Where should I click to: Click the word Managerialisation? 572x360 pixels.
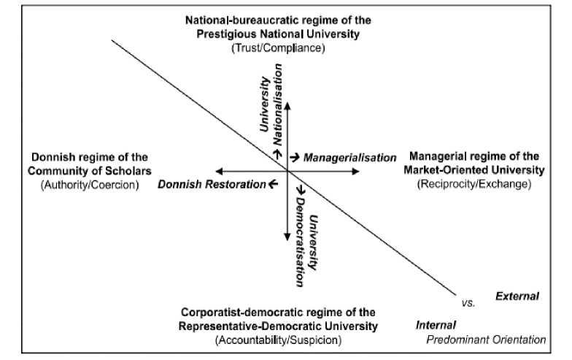tap(349, 158)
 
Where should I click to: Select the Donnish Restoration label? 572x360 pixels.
tap(211, 184)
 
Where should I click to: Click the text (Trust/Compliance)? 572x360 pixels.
tap(277, 47)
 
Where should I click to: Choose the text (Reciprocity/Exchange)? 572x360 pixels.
tap(474, 184)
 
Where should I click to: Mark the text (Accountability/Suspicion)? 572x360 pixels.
tap(278, 340)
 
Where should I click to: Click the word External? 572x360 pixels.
tap(517, 296)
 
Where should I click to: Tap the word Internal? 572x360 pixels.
tap(436, 325)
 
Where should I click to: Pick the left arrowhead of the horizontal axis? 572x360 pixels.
tap(218, 171)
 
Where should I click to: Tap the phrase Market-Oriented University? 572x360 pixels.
tap(475, 170)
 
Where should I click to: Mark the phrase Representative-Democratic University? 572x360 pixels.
tap(278, 326)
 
